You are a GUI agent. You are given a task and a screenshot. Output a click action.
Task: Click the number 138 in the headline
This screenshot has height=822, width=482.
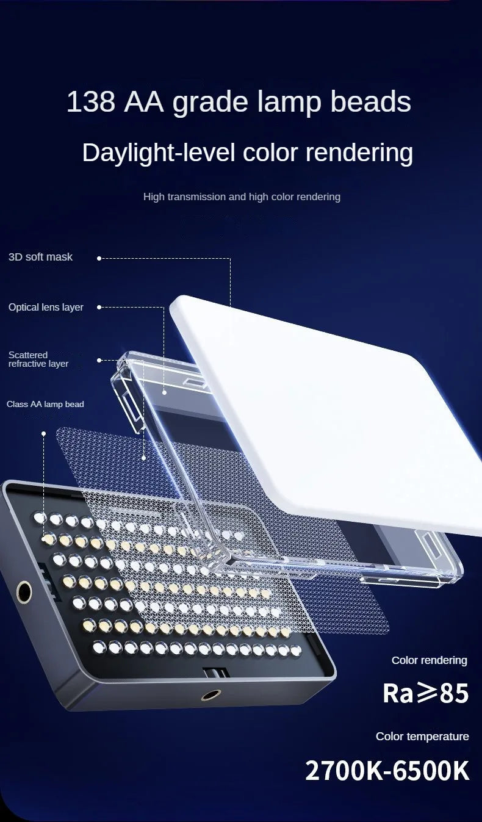[x=91, y=102]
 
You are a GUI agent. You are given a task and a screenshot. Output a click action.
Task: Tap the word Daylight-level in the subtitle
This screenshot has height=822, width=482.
[x=158, y=153]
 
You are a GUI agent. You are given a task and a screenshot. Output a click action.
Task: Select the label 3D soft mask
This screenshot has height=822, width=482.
[x=40, y=257]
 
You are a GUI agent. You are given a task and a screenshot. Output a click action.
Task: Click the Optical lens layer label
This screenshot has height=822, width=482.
[x=46, y=308]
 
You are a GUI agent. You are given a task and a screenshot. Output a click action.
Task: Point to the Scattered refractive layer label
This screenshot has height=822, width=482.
[x=38, y=359]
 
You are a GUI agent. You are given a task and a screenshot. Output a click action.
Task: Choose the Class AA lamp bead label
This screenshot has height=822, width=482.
[x=45, y=404]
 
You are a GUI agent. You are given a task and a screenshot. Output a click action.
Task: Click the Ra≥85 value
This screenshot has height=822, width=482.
[x=425, y=693]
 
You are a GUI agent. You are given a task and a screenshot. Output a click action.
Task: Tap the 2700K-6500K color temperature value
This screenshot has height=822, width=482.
[x=387, y=770]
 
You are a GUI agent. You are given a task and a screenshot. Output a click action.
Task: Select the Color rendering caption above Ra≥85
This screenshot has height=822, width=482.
[x=429, y=660]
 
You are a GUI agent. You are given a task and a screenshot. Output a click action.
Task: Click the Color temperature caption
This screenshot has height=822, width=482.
[x=422, y=736]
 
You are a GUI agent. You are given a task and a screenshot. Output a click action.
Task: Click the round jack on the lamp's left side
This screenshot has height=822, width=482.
[x=24, y=591]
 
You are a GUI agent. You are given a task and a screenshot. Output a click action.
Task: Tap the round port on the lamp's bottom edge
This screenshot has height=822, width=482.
[x=210, y=694]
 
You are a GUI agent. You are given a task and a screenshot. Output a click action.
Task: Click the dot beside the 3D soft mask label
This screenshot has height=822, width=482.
[x=99, y=258]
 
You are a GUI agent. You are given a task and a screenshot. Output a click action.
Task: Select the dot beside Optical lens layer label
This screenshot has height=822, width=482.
[x=99, y=307]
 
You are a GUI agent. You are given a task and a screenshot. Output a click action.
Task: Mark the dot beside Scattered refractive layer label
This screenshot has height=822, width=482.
[x=99, y=361]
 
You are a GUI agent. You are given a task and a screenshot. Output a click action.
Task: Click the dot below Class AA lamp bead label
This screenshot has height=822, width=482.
[x=44, y=434]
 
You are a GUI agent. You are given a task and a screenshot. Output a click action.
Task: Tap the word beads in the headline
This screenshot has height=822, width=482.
[x=370, y=102]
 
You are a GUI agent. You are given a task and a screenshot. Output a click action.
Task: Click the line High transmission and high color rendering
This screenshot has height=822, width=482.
[x=242, y=197]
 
